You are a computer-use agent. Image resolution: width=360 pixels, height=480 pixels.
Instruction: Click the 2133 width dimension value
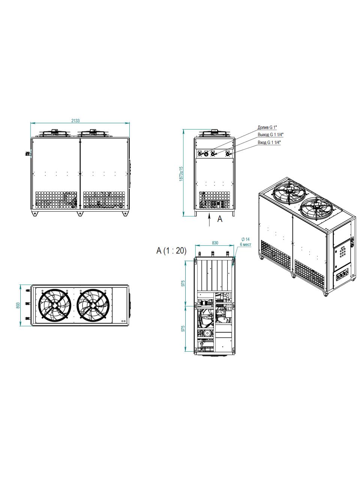[75, 120]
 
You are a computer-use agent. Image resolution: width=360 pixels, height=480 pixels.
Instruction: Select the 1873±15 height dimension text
[181, 174]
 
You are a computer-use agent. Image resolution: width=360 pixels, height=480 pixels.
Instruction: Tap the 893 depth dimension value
[18, 306]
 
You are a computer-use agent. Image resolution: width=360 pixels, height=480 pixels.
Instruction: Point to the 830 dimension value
[215, 243]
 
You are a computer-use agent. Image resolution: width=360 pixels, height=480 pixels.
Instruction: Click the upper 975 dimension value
[183, 283]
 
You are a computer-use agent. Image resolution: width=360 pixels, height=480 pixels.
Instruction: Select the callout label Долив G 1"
[267, 127]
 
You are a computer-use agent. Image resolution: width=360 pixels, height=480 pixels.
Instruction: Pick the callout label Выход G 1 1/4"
[271, 135]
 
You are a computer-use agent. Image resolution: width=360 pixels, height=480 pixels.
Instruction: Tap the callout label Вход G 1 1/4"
[269, 142]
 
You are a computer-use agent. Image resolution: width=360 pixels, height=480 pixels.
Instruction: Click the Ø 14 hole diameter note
[245, 239]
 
